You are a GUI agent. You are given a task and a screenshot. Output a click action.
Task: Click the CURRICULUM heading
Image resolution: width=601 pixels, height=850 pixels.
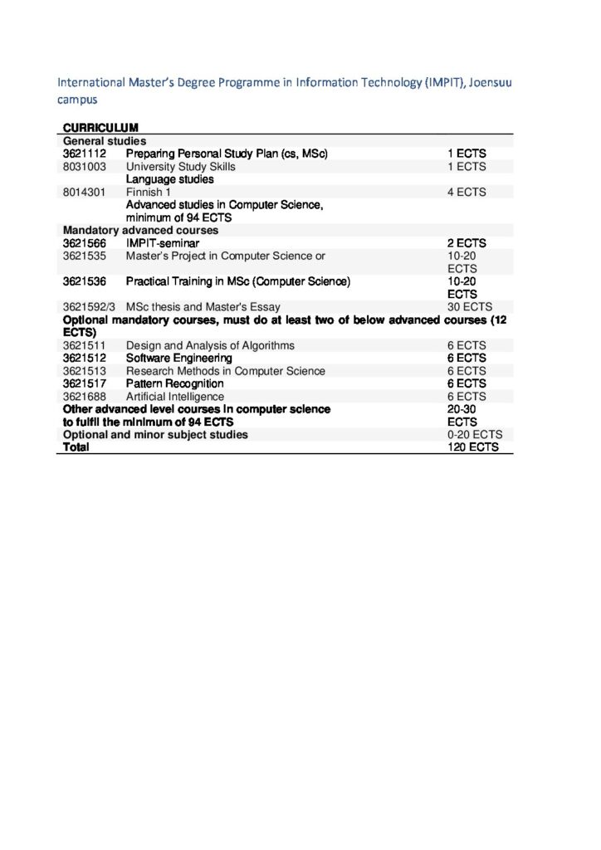click(x=100, y=127)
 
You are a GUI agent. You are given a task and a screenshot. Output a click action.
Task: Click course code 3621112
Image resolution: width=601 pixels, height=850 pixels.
click(x=84, y=154)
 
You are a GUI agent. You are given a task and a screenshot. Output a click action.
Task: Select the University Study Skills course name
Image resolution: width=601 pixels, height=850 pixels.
click(x=180, y=166)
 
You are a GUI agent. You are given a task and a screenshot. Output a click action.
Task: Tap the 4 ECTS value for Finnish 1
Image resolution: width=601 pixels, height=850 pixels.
click(x=467, y=192)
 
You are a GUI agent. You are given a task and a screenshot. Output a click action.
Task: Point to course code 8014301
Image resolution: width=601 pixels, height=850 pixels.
click(x=84, y=192)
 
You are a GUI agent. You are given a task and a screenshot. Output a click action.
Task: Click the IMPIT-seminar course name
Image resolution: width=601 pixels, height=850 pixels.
click(x=162, y=243)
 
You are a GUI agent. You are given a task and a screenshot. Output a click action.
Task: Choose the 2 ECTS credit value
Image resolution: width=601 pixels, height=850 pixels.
click(x=467, y=243)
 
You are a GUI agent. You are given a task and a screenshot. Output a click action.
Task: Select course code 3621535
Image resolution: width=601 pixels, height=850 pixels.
click(x=84, y=256)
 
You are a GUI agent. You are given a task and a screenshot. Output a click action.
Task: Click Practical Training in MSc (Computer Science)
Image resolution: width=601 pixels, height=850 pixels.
click(x=237, y=281)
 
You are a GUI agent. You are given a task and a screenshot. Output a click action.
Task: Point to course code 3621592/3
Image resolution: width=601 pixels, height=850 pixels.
click(x=89, y=307)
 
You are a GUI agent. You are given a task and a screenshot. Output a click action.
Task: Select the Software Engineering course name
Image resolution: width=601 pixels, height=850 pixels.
click(x=178, y=358)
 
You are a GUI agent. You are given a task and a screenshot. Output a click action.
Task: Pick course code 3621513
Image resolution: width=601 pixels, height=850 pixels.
click(x=84, y=371)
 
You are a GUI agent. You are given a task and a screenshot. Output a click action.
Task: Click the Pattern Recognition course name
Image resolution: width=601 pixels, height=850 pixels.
click(x=174, y=383)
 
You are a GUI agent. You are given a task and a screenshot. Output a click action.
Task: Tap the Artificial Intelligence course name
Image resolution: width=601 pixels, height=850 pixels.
click(x=174, y=397)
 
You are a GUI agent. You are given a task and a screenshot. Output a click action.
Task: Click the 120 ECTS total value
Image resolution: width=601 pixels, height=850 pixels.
click(x=472, y=447)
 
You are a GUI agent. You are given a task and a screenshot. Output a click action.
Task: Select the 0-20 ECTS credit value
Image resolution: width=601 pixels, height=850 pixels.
click(x=472, y=434)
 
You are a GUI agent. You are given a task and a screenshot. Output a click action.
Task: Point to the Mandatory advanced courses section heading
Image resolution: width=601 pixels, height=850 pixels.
click(x=140, y=230)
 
